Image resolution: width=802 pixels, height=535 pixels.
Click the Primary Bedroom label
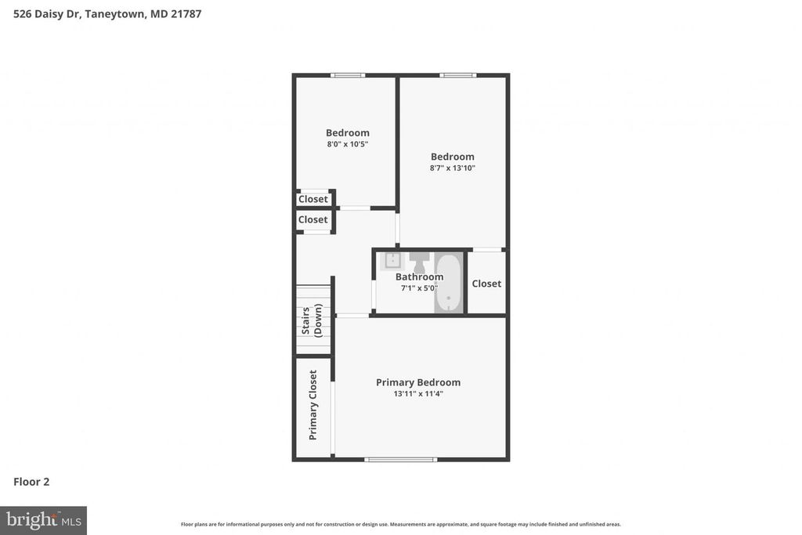point(418,382)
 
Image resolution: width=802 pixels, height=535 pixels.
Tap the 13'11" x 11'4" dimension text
point(418,394)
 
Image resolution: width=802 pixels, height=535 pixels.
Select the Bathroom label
point(419,277)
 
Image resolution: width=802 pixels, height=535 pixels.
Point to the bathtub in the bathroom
point(449,283)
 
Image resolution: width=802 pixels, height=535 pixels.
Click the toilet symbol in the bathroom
point(419,260)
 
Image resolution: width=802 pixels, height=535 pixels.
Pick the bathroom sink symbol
point(392,261)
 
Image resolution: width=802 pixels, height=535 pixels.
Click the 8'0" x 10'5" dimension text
point(348,144)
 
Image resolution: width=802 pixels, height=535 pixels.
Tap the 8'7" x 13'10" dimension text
point(453,168)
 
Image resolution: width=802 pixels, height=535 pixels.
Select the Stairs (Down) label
point(312,320)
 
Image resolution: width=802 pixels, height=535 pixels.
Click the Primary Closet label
point(313,404)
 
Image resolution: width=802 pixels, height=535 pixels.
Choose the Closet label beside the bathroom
point(486,284)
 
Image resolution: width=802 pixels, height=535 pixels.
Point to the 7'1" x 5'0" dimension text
point(419,287)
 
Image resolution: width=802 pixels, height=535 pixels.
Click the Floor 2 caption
point(31,482)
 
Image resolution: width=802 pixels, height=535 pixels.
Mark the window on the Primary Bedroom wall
point(400,459)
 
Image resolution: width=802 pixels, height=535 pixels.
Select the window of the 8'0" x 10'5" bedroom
point(348,75)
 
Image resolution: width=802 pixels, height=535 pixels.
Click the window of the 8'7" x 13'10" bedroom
point(458,75)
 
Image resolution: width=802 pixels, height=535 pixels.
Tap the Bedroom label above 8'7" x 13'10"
point(453,157)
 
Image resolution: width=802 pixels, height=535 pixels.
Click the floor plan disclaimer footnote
point(400,524)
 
